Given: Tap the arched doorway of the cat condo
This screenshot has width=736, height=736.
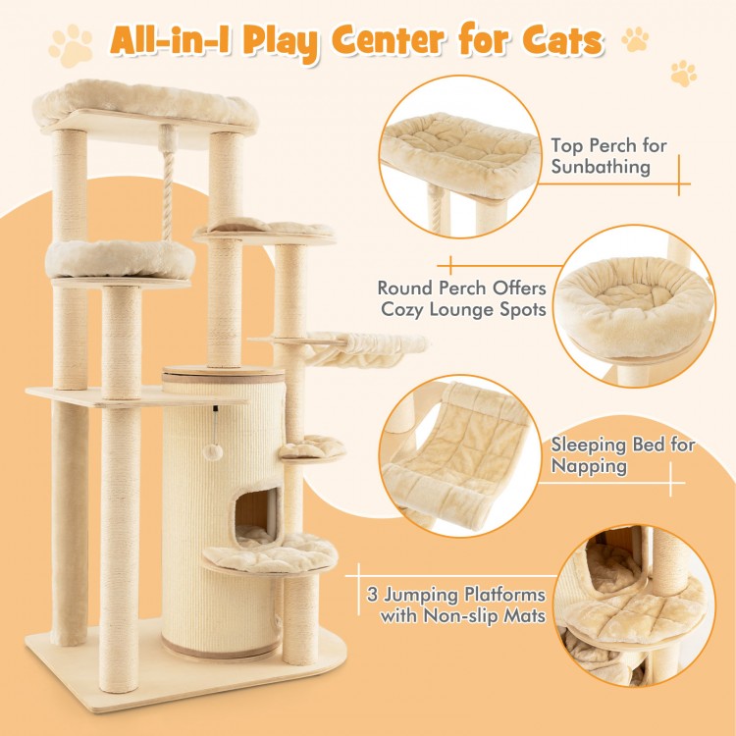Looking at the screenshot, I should (x=254, y=516).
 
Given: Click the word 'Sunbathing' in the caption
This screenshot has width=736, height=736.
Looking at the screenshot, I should (x=600, y=167).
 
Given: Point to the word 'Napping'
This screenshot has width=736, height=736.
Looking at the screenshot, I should (x=589, y=466).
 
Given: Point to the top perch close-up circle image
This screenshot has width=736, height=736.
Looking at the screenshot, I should (x=459, y=157).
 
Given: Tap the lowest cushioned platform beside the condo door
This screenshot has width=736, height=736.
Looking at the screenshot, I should (x=269, y=552).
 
